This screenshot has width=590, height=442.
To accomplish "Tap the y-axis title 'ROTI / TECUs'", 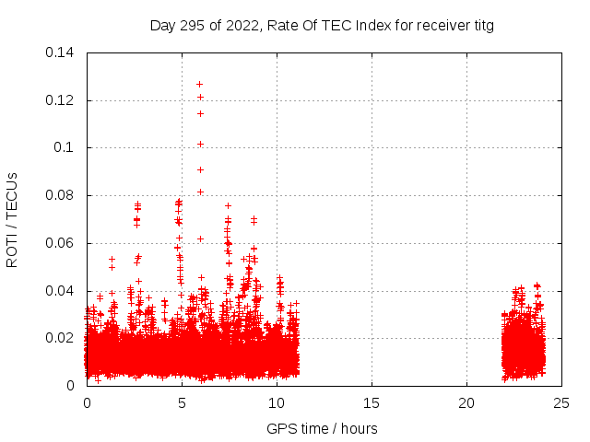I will (x=13, y=218).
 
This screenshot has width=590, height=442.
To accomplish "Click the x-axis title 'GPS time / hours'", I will (x=322, y=428).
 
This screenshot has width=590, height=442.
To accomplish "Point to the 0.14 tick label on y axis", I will (x=61, y=52).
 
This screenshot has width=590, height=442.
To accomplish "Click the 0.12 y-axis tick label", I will (x=61, y=99).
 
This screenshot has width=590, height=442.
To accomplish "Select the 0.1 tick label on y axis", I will (x=65, y=147).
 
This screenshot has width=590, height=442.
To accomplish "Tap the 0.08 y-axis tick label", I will (x=61, y=195).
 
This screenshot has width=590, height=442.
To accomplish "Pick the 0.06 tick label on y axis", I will (x=61, y=243).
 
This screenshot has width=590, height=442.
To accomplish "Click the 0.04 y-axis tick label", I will (x=61, y=291).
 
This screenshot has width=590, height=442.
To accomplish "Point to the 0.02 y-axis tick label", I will (x=61, y=338).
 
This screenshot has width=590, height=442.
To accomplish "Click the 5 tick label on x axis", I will (x=182, y=402).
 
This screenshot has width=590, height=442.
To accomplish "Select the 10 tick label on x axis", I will (x=277, y=402).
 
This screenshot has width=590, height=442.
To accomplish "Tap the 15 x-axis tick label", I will (x=372, y=402).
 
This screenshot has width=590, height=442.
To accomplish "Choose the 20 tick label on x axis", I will (x=466, y=402).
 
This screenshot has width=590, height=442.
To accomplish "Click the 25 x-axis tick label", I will (x=561, y=402).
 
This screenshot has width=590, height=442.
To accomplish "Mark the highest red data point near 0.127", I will (x=200, y=84).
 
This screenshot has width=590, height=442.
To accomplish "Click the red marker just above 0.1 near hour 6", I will (x=200, y=144).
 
